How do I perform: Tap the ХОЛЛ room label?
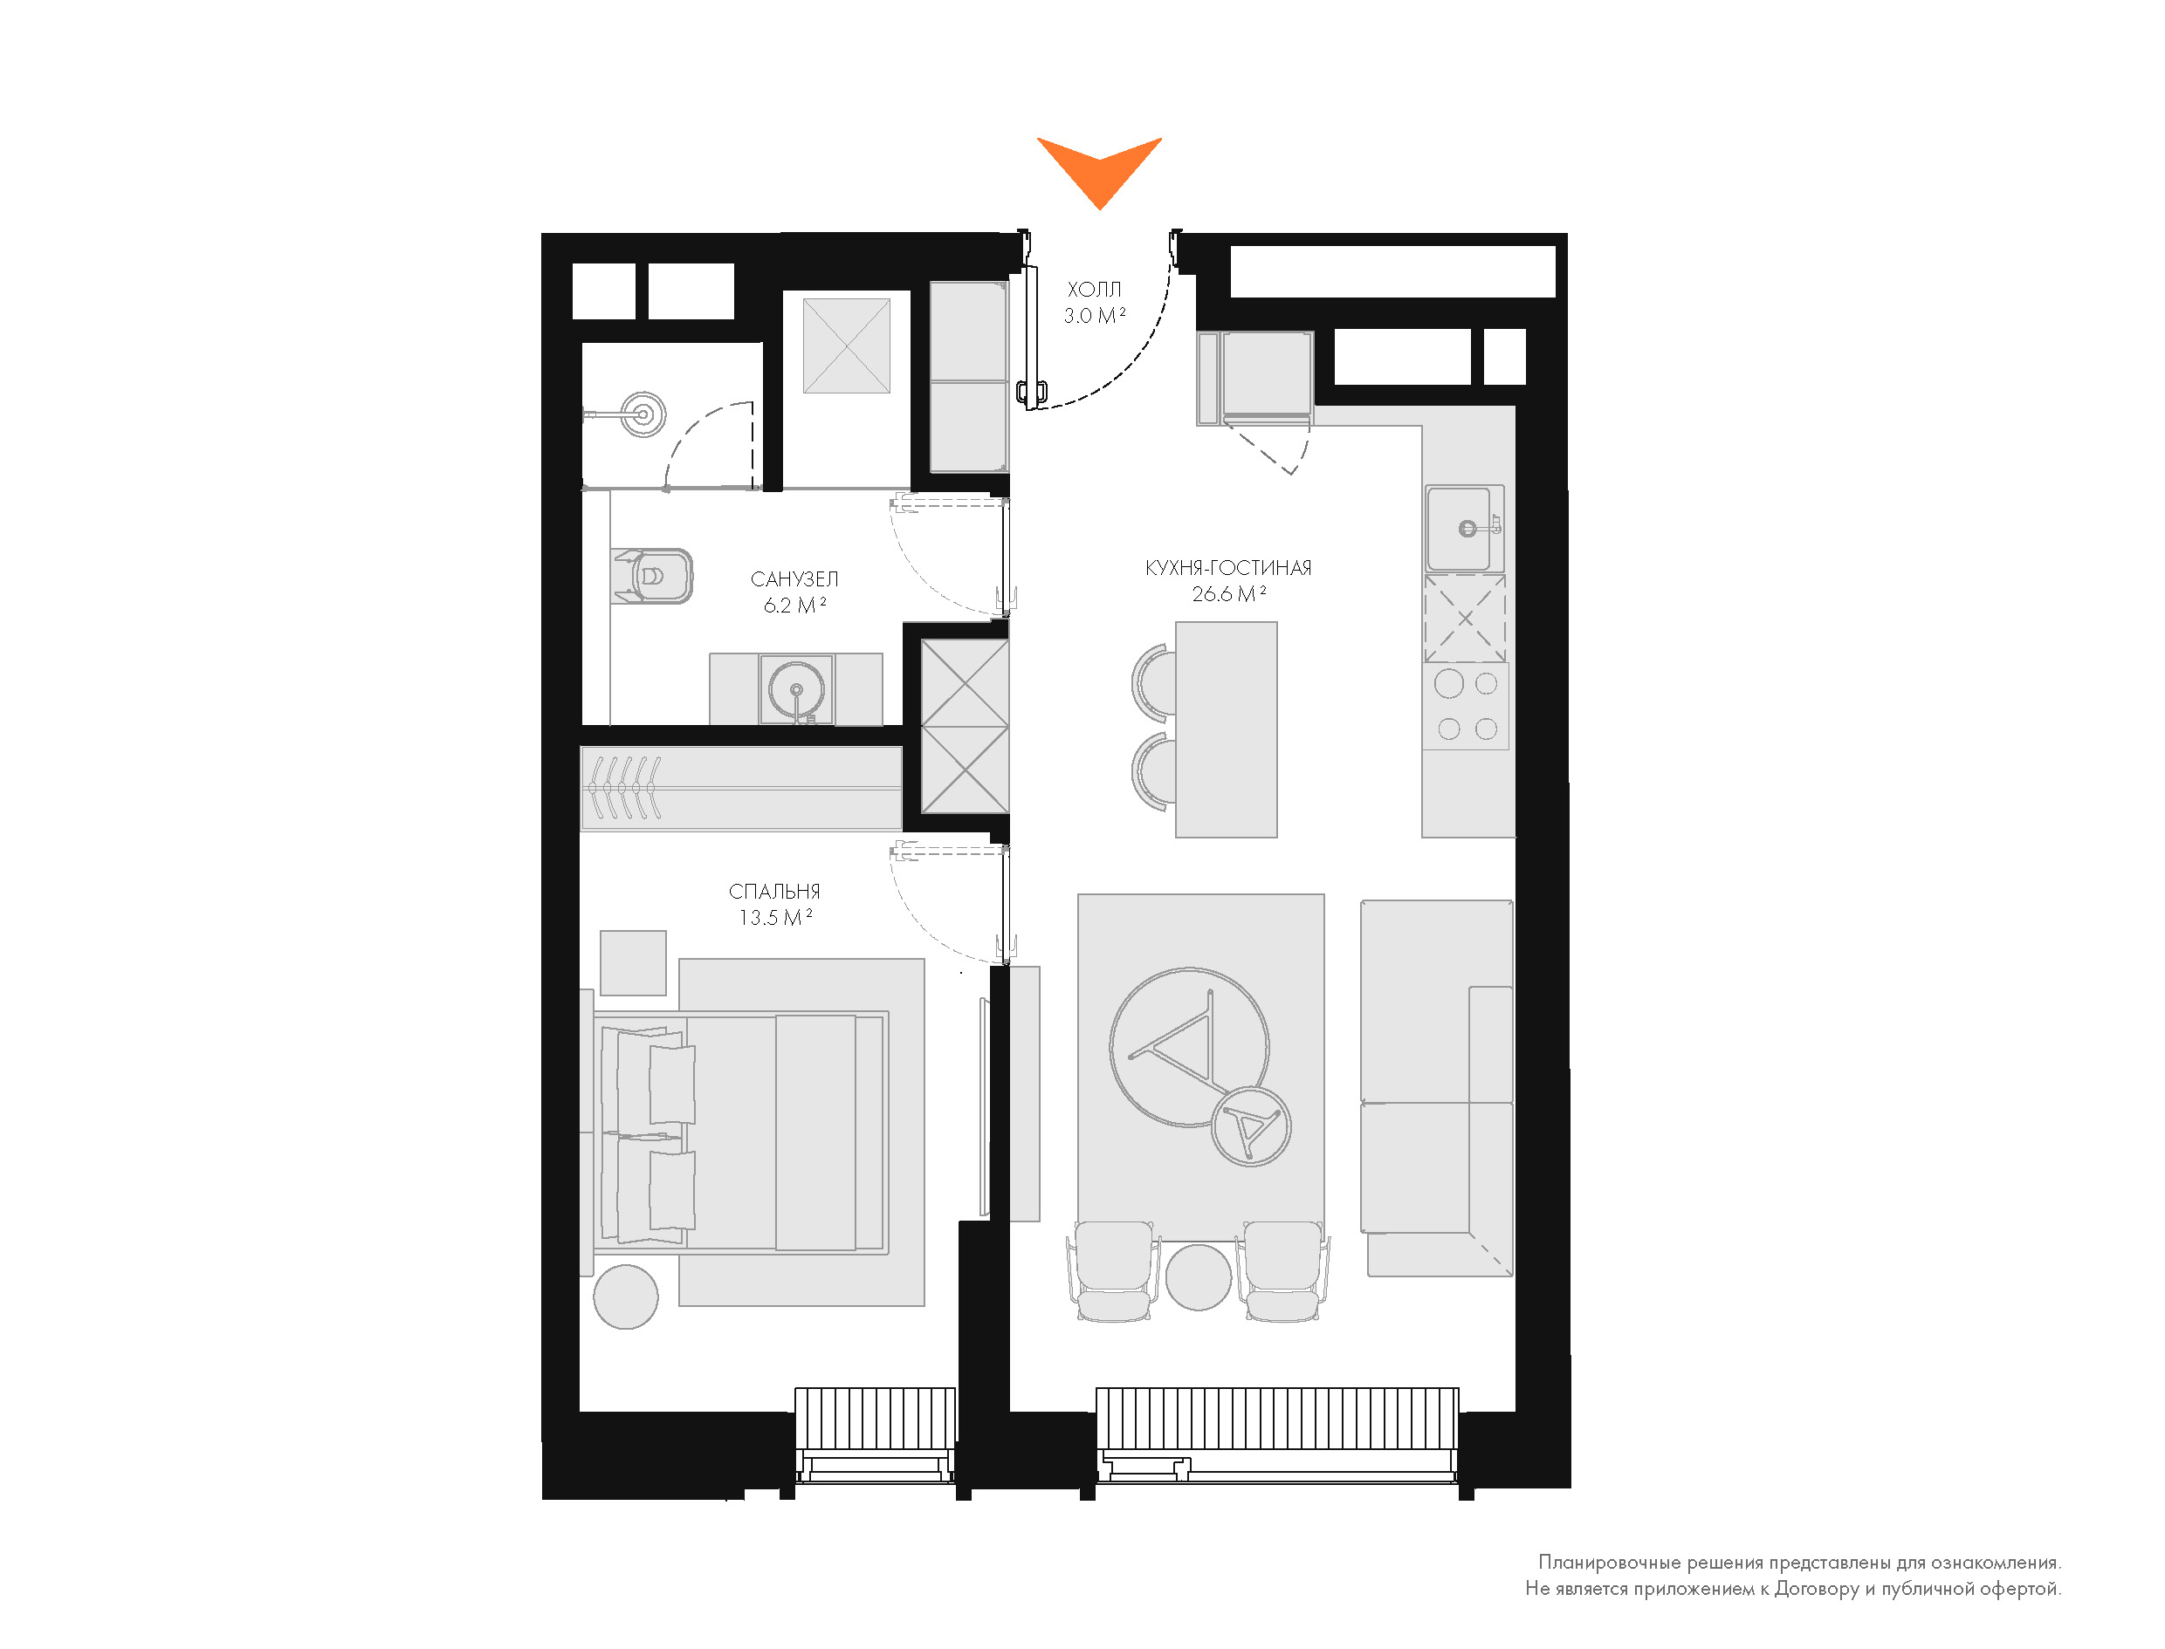pyautogui.click(x=1094, y=290)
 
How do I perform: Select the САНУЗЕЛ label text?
pyautogui.click(x=794, y=579)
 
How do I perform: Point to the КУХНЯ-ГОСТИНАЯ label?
pyautogui.click(x=1228, y=567)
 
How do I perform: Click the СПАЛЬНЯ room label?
pyautogui.click(x=774, y=892)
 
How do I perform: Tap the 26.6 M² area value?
pyautogui.click(x=1228, y=594)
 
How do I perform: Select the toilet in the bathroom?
pyautogui.click(x=653, y=575)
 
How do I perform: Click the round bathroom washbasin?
pyautogui.click(x=796, y=690)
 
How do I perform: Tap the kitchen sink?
pyautogui.click(x=1465, y=528)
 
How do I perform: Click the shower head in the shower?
pyautogui.click(x=644, y=414)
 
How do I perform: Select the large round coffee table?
pyautogui.click(x=1189, y=1046)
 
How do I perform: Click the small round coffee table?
pyautogui.click(x=1251, y=1127)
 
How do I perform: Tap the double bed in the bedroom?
pyautogui.click(x=741, y=1132)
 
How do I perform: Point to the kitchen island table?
pyautogui.click(x=1227, y=729)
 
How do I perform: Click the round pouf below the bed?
pyautogui.click(x=625, y=1297)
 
